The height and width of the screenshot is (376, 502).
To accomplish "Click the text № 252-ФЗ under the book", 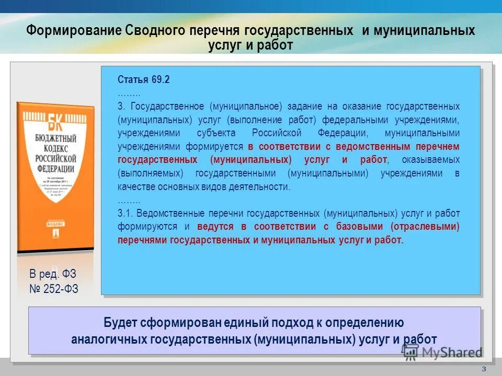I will [53, 289].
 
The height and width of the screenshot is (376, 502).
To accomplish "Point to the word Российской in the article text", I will [277, 133].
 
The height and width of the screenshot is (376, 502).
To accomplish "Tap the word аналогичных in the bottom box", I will [109, 338].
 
